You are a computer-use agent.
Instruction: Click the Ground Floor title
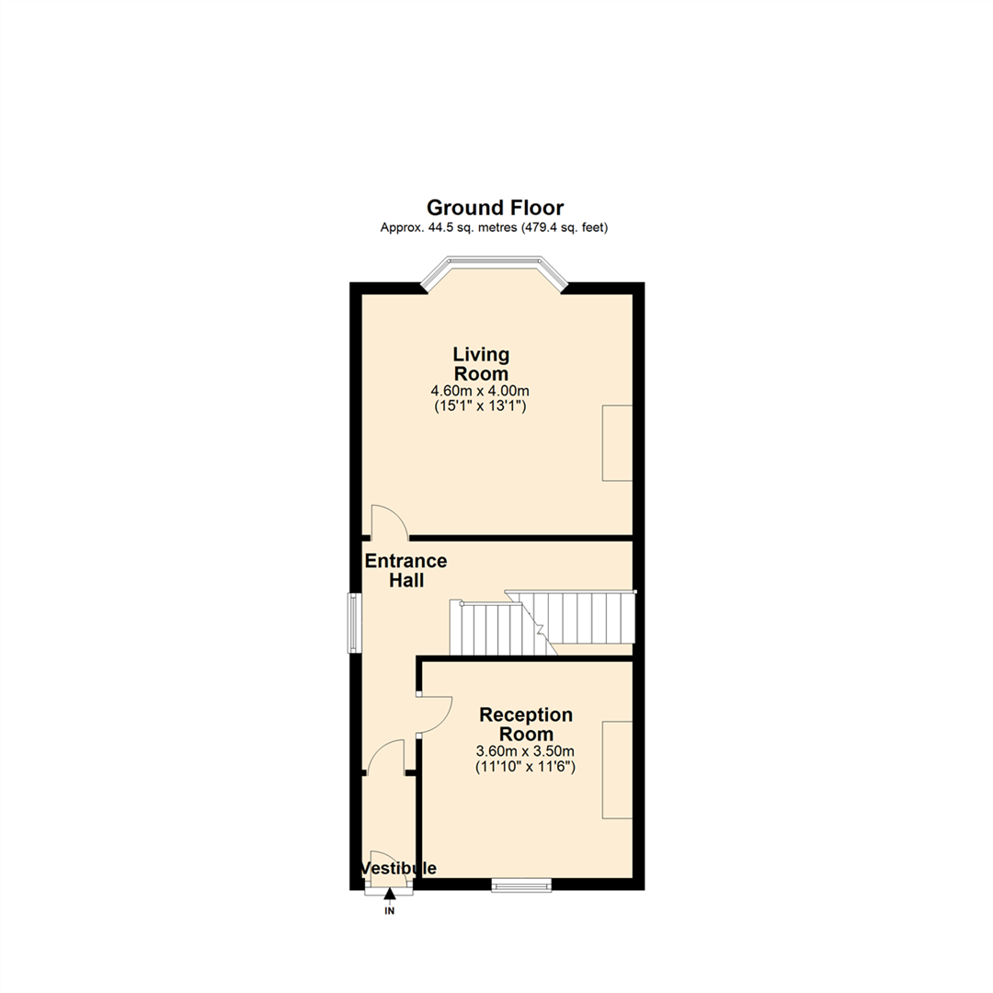point(495,208)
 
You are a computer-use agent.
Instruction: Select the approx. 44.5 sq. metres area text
point(495,228)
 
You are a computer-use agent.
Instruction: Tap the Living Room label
point(480,364)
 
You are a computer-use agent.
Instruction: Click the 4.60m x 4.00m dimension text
point(480,391)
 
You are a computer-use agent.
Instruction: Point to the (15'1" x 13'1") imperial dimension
point(480,405)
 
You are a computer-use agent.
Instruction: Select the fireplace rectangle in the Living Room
point(617,442)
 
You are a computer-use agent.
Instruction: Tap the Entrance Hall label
point(405,570)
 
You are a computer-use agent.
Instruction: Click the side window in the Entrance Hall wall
point(353,623)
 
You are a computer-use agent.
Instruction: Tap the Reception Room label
point(526,725)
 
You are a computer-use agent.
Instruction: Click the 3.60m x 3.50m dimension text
point(526,751)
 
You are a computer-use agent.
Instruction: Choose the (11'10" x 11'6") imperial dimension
point(526,766)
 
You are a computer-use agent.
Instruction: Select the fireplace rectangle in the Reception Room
point(617,770)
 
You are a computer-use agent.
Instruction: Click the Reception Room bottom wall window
point(521,885)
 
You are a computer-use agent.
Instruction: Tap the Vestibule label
point(398,868)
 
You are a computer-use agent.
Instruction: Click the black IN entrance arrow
point(390,893)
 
